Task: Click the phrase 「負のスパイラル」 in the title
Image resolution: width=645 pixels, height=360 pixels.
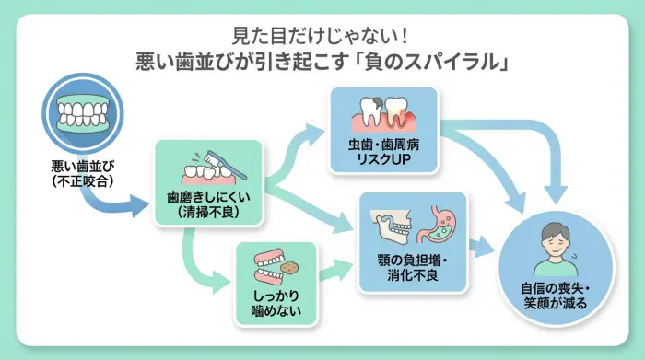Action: [x=432, y=64]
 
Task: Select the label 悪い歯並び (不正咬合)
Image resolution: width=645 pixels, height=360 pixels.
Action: [x=84, y=174]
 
